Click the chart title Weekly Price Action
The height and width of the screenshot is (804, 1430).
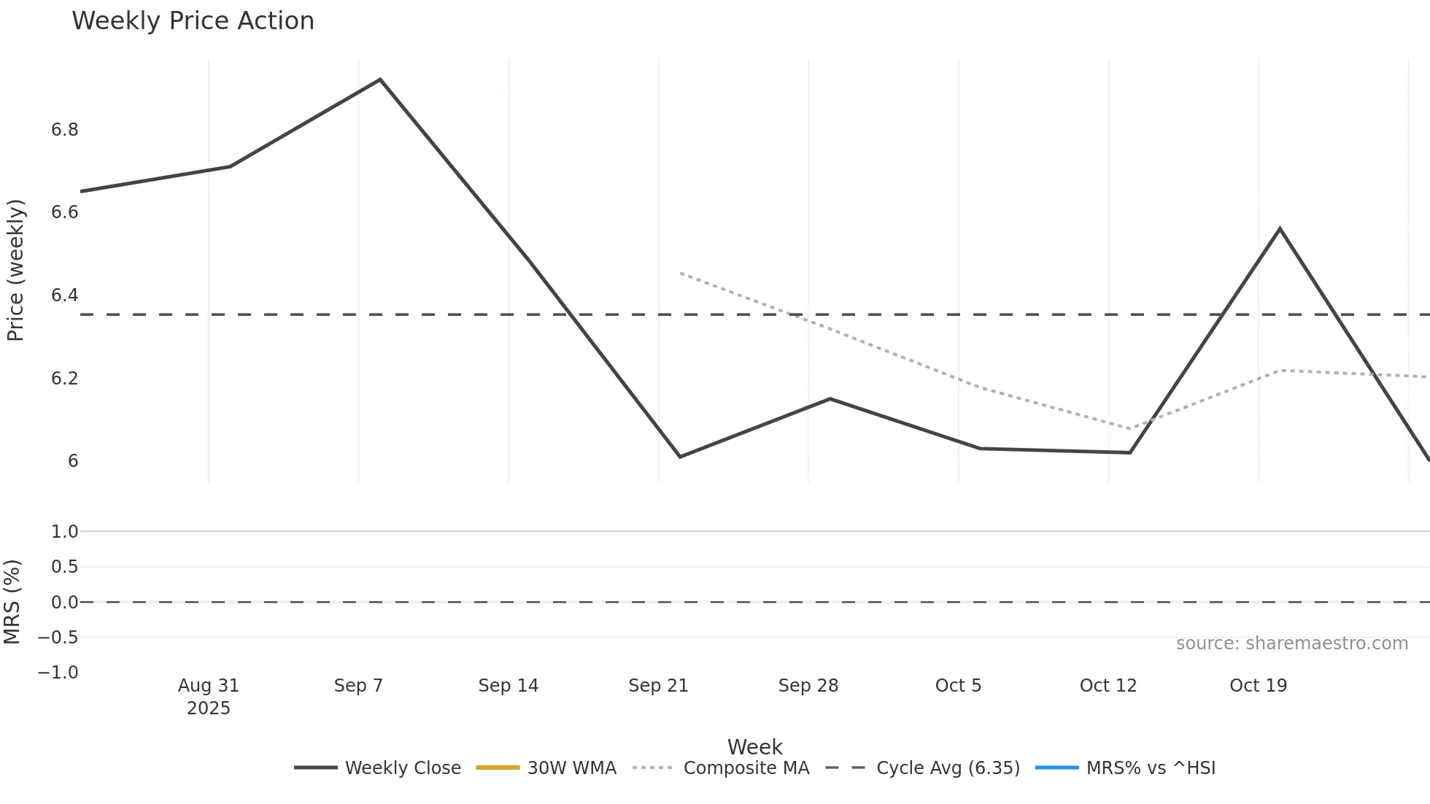coord(193,21)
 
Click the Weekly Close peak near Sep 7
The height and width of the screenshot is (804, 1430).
coord(380,80)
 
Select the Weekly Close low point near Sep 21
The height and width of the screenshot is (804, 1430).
coord(680,457)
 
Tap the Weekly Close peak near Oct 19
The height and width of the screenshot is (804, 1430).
coord(1280,229)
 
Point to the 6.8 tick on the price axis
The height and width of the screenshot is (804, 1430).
coord(64,130)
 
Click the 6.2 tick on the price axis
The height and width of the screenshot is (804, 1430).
coord(64,379)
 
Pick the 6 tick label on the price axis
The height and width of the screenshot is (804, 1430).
coord(73,461)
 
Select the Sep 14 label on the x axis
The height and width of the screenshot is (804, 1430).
coord(509,686)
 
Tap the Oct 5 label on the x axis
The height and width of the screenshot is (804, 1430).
coord(958,686)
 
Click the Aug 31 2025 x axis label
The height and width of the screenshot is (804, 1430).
coord(209,696)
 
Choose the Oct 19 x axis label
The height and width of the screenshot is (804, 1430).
coord(1258,686)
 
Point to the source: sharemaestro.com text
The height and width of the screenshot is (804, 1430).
coord(1291,643)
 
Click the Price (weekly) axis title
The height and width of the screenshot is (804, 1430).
coord(15,270)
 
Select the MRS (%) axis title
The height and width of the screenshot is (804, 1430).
coord(12,602)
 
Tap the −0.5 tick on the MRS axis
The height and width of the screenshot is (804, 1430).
coord(58,638)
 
